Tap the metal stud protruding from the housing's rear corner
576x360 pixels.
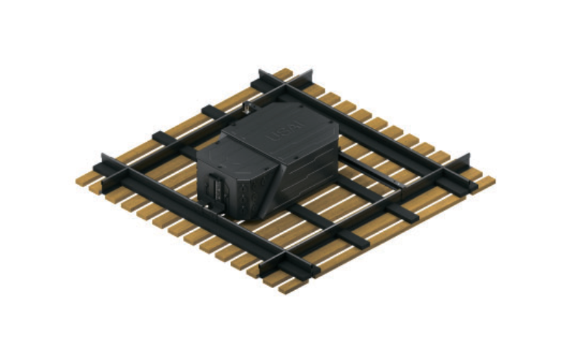click(x=247, y=108)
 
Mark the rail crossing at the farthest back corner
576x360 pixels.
click(x=286, y=85)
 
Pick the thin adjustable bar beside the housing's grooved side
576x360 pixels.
click(x=367, y=170)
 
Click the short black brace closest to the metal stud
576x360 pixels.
click(x=214, y=111)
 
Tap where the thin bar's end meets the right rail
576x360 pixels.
click(x=400, y=189)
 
